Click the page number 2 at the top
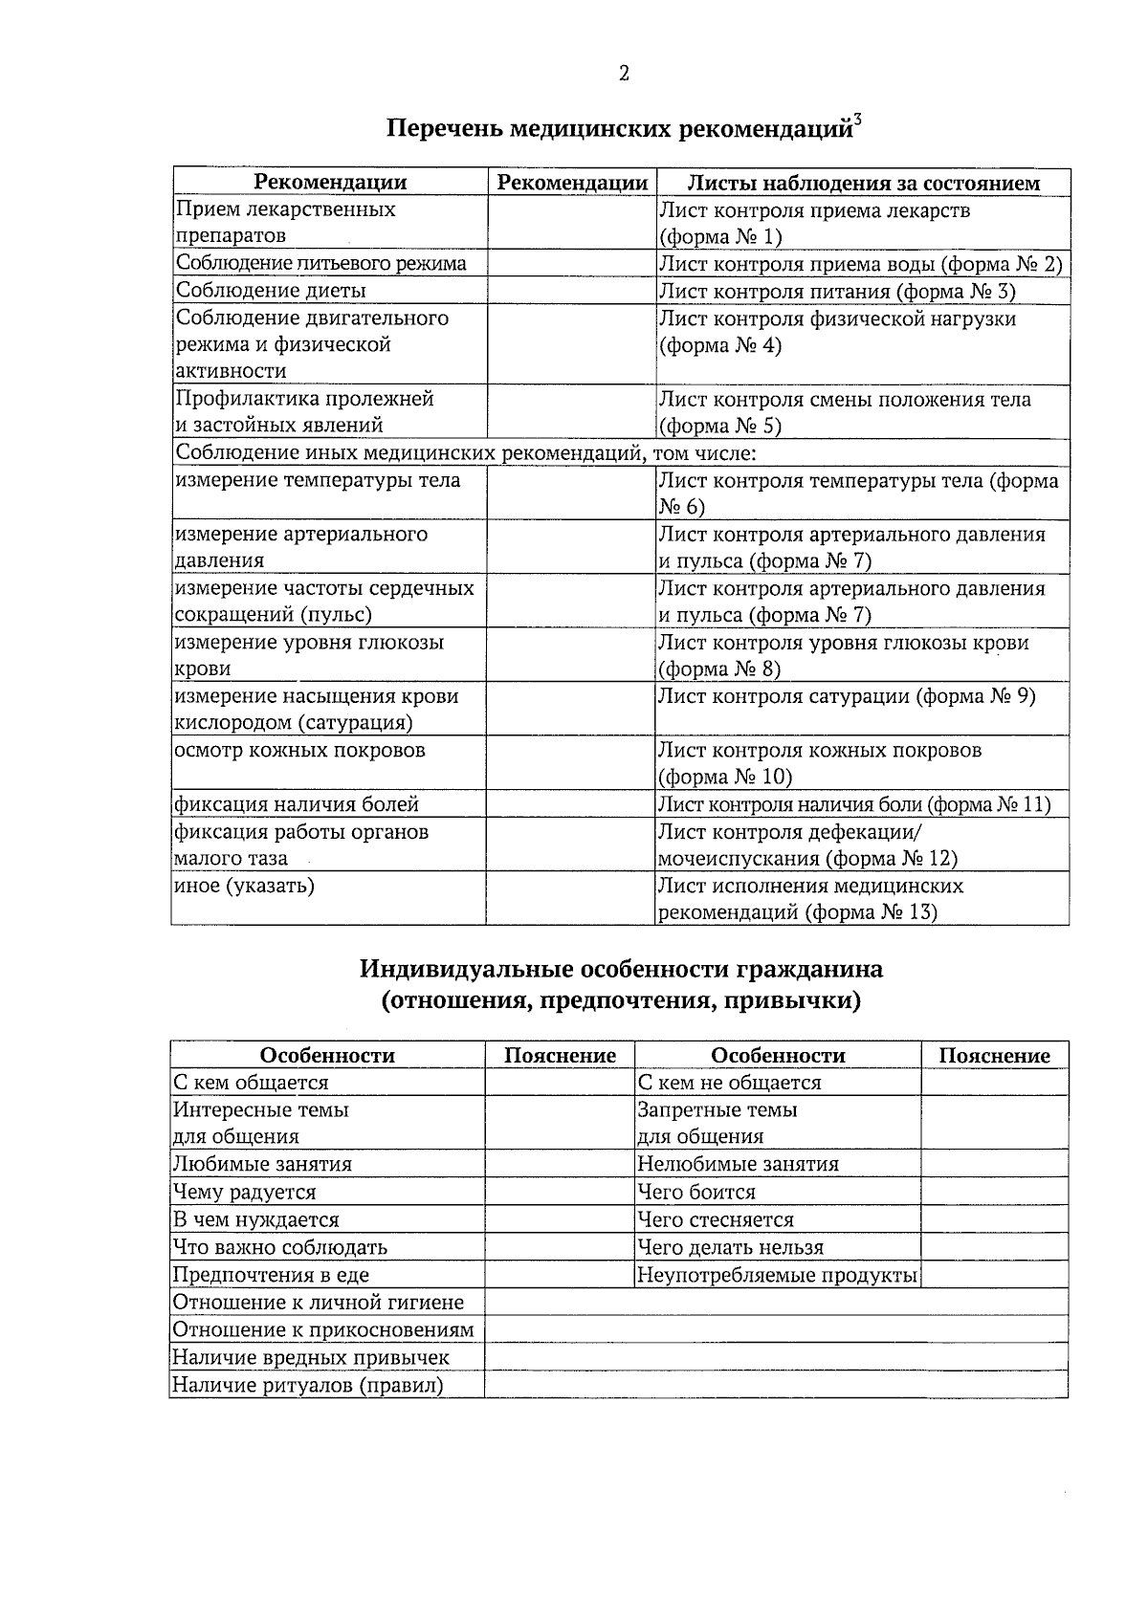click(x=624, y=74)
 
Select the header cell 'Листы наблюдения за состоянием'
click(x=863, y=183)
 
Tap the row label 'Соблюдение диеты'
click(x=270, y=291)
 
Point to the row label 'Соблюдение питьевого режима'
click(x=320, y=264)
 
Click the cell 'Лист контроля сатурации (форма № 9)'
click(x=847, y=696)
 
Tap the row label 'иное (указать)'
click(x=244, y=886)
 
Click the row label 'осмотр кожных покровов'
click(x=299, y=751)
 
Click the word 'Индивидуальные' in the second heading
click(x=467, y=970)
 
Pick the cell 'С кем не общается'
click(x=729, y=1083)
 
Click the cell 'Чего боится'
click(x=696, y=1193)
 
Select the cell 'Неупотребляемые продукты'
click(x=777, y=1275)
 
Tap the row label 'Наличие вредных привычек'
click(x=310, y=1358)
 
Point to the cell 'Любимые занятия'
click(x=262, y=1165)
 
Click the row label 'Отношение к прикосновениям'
click(x=323, y=1330)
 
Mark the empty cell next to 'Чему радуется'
click(x=559, y=1193)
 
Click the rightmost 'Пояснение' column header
click(x=994, y=1056)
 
